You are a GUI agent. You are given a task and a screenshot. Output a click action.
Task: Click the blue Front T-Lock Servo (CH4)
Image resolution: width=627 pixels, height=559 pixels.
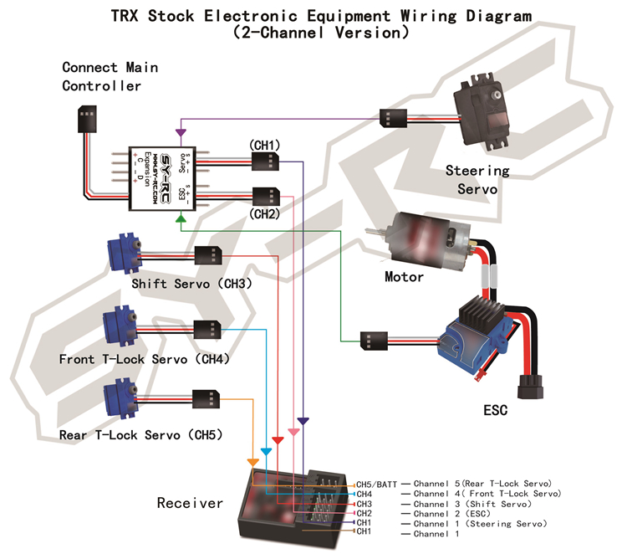coord(118,326)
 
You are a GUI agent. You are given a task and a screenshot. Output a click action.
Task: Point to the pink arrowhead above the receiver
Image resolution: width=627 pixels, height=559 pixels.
coord(293,432)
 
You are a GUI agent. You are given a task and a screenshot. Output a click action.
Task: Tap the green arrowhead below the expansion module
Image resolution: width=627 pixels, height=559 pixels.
coord(181,219)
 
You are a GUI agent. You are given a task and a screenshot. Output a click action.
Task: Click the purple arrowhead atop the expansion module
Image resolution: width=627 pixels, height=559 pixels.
coord(180,132)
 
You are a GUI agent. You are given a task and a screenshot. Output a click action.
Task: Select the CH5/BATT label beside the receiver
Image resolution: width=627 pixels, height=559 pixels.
coord(377,485)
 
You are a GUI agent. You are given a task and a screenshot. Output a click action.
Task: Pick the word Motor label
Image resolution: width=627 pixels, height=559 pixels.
coord(404,277)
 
